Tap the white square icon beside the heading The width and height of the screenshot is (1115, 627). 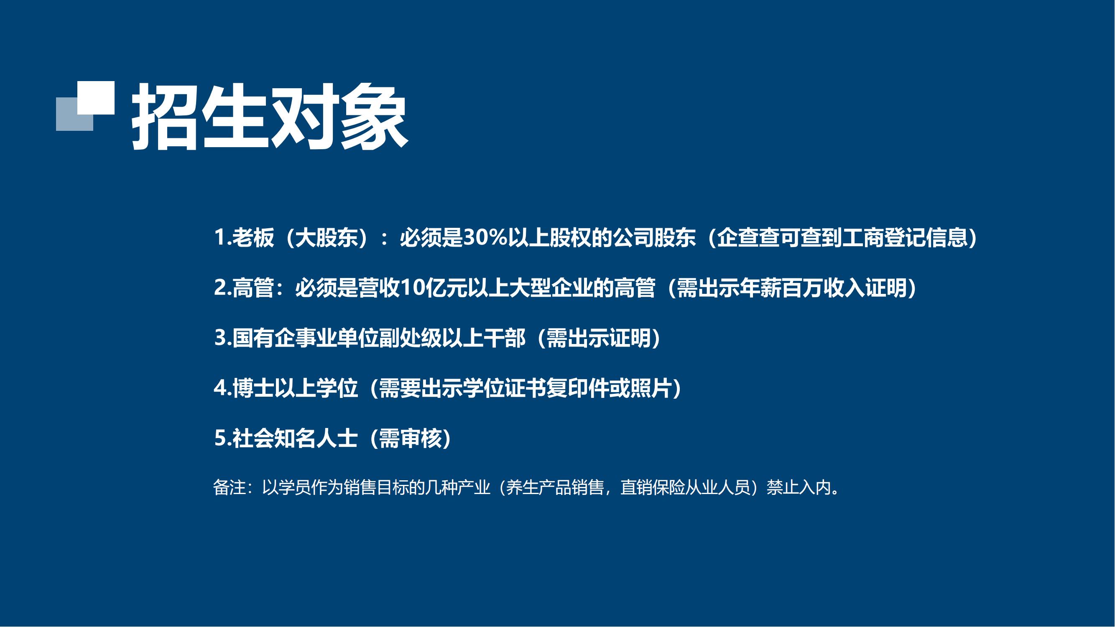click(96, 98)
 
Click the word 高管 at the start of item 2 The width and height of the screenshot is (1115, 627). click(253, 288)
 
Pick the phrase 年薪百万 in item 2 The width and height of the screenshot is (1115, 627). click(781, 288)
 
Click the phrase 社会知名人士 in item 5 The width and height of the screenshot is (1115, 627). click(295, 438)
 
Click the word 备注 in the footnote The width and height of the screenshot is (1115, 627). click(230, 488)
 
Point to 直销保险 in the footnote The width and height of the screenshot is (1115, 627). click(653, 488)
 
